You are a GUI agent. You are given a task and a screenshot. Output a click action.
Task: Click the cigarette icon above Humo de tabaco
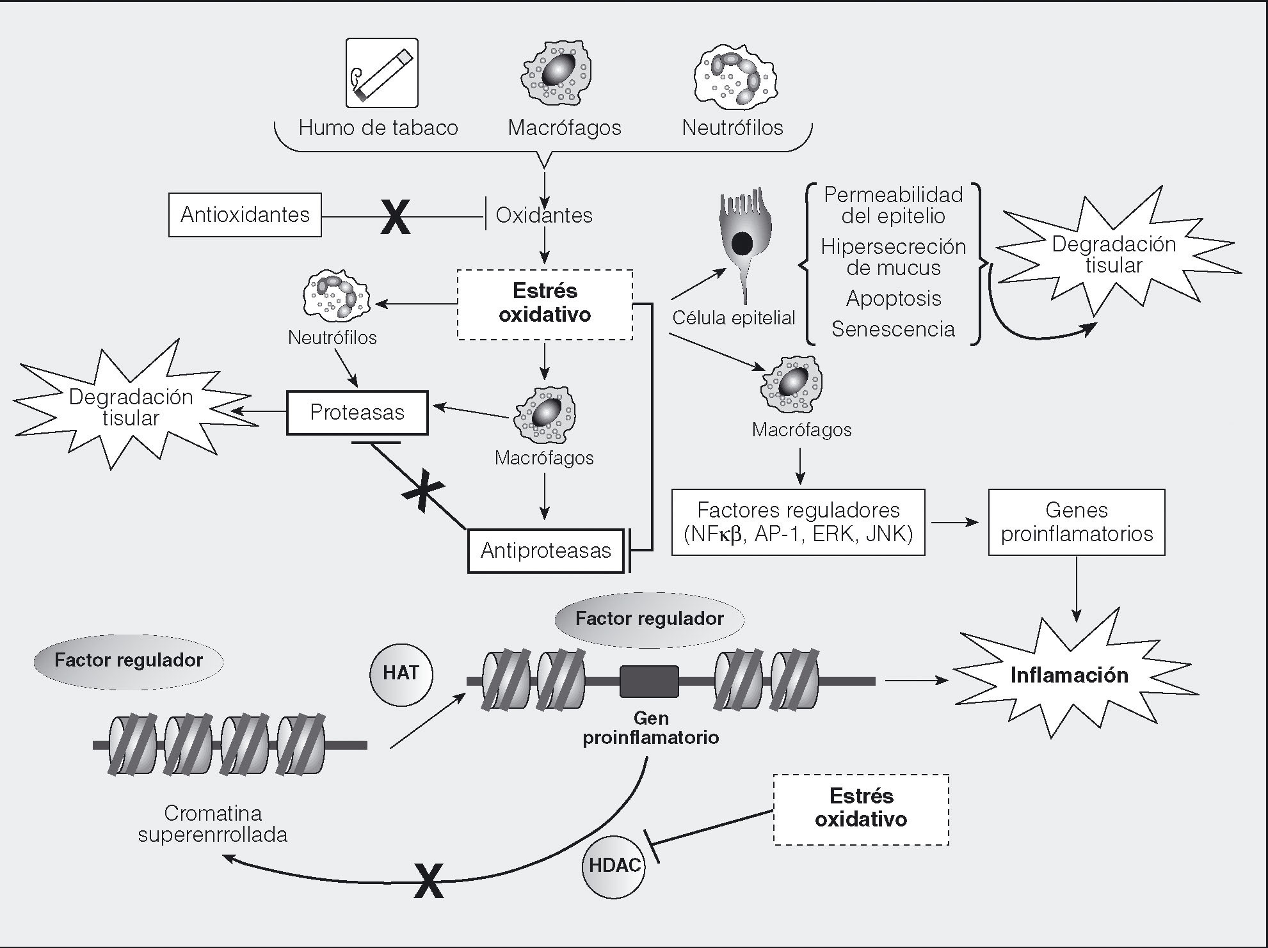tap(381, 72)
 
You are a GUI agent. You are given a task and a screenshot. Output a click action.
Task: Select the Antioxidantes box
tap(245, 215)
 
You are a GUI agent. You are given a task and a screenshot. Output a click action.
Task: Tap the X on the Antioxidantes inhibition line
tap(396, 216)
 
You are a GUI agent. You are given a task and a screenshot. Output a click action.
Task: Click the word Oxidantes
tap(544, 216)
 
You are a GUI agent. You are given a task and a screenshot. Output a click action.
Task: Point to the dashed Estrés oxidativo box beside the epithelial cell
tap(545, 304)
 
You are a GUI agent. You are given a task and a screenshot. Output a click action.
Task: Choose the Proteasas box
tap(357, 413)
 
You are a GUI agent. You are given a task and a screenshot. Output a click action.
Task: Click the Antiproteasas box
tap(545, 550)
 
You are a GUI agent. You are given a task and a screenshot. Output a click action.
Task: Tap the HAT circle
tap(401, 674)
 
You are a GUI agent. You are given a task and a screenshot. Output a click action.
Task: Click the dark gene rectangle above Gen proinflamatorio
tap(649, 681)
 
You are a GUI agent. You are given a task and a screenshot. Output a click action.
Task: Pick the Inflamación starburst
tap(1069, 676)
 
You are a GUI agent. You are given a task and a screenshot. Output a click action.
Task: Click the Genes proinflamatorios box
tap(1077, 522)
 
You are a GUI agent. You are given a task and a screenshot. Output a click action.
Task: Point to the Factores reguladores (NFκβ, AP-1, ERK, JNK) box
tap(798, 522)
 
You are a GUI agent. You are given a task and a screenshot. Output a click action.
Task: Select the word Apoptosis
tap(894, 299)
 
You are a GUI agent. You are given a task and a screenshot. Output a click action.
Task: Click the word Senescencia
tap(893, 329)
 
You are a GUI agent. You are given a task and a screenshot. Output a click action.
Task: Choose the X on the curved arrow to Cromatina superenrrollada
tap(428, 880)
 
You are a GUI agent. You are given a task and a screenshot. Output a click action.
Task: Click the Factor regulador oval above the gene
tap(649, 619)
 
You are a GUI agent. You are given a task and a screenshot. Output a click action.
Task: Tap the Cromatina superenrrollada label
tap(213, 824)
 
